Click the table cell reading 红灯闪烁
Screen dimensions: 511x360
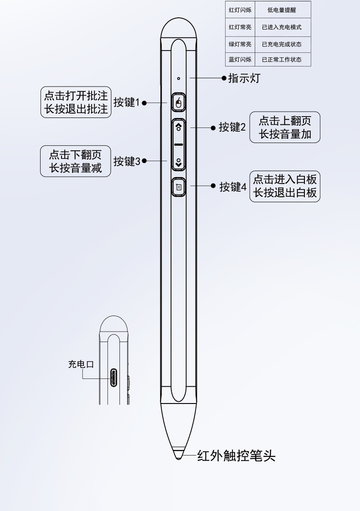click(x=240, y=10)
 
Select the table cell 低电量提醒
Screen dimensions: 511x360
click(x=282, y=10)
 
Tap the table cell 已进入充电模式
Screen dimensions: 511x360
click(x=282, y=27)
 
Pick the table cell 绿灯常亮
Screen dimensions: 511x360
click(x=240, y=44)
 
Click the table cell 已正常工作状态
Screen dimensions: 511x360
click(x=282, y=60)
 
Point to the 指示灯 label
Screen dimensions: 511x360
click(x=244, y=78)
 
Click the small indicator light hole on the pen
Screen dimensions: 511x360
click(x=179, y=78)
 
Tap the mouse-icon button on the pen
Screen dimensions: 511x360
click(x=179, y=103)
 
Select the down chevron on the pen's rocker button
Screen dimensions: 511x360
click(x=179, y=161)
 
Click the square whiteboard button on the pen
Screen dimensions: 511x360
click(x=179, y=186)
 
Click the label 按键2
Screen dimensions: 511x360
click(x=232, y=128)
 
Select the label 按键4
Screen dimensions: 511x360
click(x=232, y=187)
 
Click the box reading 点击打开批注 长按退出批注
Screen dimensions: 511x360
click(x=76, y=102)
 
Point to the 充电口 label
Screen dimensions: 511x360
click(x=81, y=364)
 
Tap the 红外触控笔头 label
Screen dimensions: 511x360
click(x=236, y=456)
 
